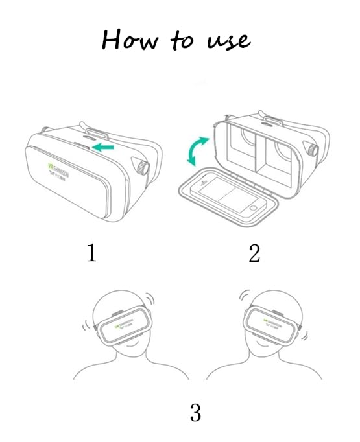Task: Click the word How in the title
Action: [x=123, y=40]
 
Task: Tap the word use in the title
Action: [x=228, y=40]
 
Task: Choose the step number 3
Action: [x=195, y=412]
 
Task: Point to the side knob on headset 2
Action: [x=315, y=151]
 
